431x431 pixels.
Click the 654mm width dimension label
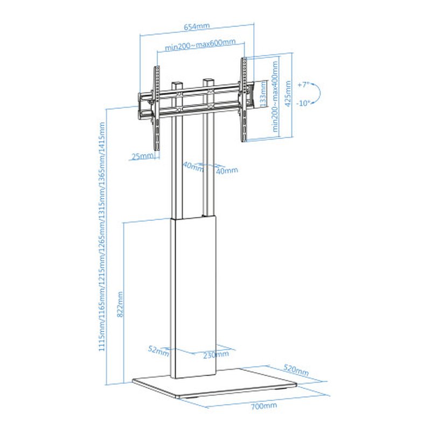point(197,26)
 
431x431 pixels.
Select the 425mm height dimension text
point(288,95)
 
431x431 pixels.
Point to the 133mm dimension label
point(262,95)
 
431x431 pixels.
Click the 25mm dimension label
point(141,156)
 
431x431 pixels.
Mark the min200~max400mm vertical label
point(275,96)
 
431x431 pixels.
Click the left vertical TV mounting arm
point(157,108)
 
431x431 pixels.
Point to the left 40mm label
point(192,166)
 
